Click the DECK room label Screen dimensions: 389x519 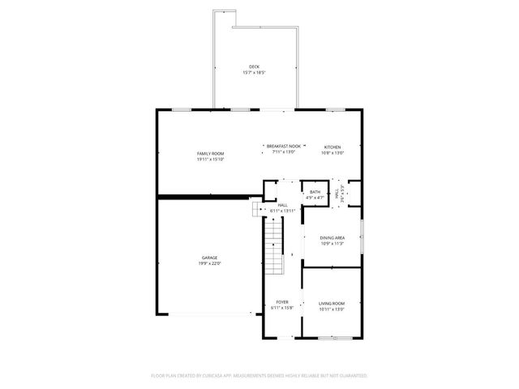pyautogui.click(x=255, y=67)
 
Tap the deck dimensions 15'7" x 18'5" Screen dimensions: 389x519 pyautogui.click(x=255, y=73)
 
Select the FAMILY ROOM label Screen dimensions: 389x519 pyautogui.click(x=210, y=153)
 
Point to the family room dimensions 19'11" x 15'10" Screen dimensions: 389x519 pyautogui.click(x=210, y=159)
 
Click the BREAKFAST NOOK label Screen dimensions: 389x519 pyautogui.click(x=284, y=146)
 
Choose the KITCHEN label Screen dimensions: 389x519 pyautogui.click(x=332, y=147)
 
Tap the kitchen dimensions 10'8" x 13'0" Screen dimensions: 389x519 pyautogui.click(x=332, y=152)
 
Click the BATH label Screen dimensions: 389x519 pyautogui.click(x=315, y=192)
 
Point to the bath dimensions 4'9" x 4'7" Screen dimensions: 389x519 pyautogui.click(x=315, y=198)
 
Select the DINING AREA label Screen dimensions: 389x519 pyautogui.click(x=332, y=237)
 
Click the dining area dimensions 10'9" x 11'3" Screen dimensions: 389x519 pyautogui.click(x=332, y=243)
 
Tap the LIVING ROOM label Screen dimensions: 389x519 pyautogui.click(x=332, y=303)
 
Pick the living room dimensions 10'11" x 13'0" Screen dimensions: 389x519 pyautogui.click(x=332, y=309)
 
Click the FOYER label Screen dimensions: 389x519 pyautogui.click(x=282, y=303)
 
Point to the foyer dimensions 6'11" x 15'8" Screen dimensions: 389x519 pyautogui.click(x=282, y=309)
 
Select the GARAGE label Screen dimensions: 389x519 pyautogui.click(x=210, y=258)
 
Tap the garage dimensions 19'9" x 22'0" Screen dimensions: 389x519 pyautogui.click(x=210, y=263)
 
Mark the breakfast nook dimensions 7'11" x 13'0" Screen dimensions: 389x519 pyautogui.click(x=284, y=152)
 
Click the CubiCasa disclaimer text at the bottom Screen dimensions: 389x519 pyautogui.click(x=259, y=376)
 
